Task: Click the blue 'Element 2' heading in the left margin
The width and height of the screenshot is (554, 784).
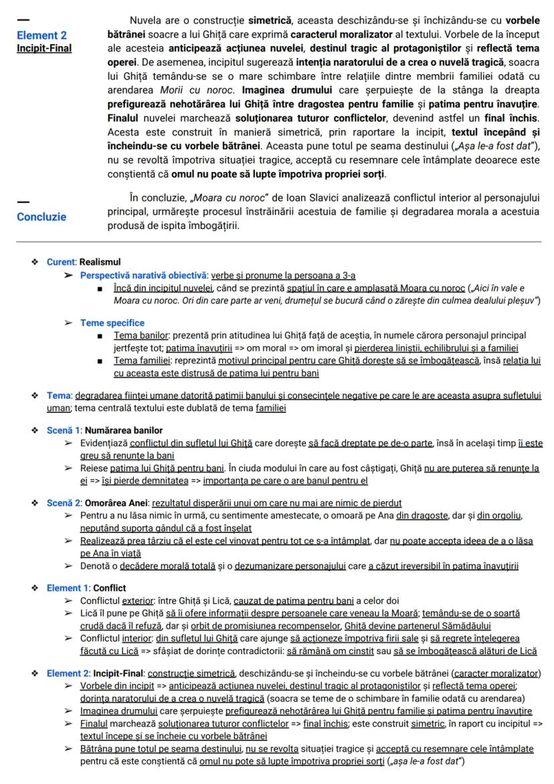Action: point(41,35)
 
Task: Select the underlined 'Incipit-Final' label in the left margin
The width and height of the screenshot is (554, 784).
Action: point(44,48)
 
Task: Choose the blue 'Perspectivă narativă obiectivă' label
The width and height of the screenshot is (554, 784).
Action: point(144,275)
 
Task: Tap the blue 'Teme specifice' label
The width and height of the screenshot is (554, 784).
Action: point(112,323)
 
